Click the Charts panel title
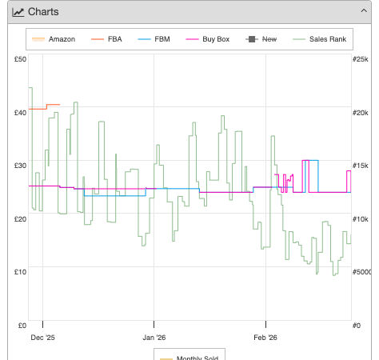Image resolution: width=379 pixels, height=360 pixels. [x=43, y=12]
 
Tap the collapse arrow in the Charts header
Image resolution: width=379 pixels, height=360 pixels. [x=364, y=10]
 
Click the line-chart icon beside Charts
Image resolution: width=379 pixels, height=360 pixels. [x=18, y=12]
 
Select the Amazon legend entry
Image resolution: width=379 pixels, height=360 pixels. [x=54, y=39]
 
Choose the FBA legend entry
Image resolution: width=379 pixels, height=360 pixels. [x=106, y=39]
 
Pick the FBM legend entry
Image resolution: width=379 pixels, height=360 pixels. [x=154, y=39]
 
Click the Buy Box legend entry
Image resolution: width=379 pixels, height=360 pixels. [x=208, y=39]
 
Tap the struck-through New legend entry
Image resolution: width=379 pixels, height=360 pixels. [x=261, y=39]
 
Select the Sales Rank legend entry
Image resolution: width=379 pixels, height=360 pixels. [x=319, y=39]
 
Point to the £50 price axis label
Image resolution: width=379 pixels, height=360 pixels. [x=20, y=59]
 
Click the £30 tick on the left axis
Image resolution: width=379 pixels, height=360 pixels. [x=20, y=166]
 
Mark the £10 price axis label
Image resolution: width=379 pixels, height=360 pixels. [x=20, y=272]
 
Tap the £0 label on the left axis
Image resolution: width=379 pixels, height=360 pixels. [x=22, y=326]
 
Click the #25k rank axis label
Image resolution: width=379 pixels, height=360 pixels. [x=360, y=59]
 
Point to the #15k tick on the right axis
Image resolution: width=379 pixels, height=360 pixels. [x=360, y=166]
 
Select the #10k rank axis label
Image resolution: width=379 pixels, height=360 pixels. [x=360, y=219]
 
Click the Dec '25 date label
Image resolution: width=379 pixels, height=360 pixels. [x=42, y=338]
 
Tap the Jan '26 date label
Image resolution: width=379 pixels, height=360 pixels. [x=154, y=338]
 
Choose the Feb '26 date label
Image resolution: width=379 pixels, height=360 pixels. [x=265, y=338]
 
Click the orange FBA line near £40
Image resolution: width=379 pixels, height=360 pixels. [x=44, y=108]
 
